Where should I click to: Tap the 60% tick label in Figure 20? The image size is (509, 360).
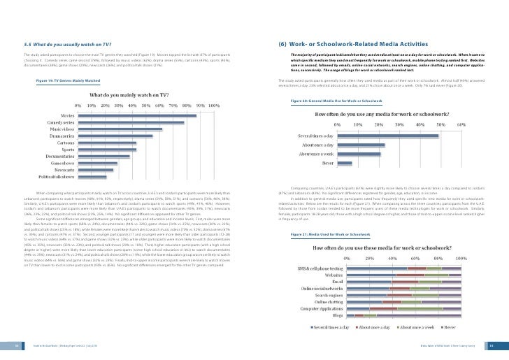pyautogui.click(x=461, y=124)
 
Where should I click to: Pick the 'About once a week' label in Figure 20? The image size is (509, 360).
pyautogui.click(x=316, y=153)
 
